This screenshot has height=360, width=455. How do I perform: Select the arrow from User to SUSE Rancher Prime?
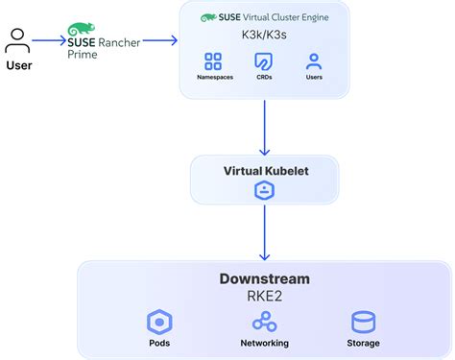(x=48, y=41)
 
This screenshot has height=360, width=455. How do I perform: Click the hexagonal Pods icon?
(x=159, y=321)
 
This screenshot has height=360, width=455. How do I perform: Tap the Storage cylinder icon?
(x=364, y=321)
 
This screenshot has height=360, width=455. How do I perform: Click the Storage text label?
(x=364, y=343)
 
